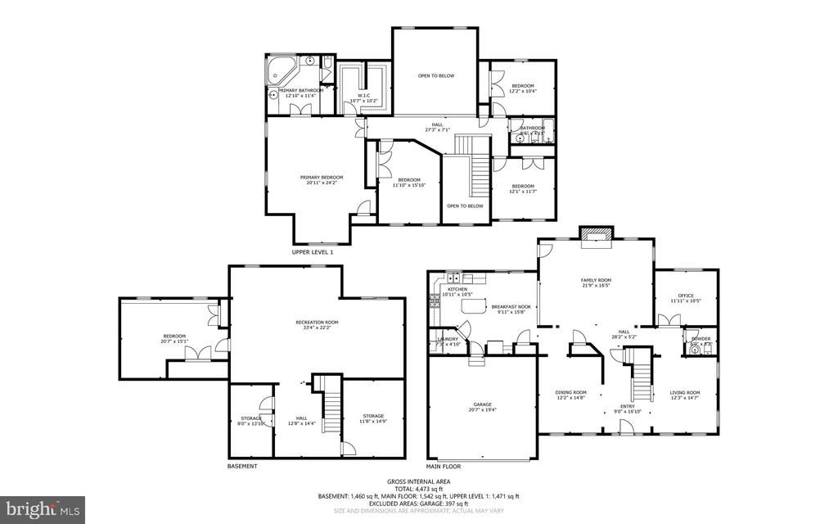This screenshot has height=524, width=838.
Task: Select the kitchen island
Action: click(x=471, y=306)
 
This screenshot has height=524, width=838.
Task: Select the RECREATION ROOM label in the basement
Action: click(x=317, y=323)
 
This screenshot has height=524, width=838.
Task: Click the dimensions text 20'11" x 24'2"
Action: click(x=321, y=183)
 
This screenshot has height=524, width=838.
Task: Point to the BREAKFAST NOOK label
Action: click(x=511, y=306)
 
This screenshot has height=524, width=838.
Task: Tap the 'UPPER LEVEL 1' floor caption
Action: click(x=313, y=252)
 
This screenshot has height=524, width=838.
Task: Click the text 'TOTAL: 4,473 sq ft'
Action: click(x=418, y=488)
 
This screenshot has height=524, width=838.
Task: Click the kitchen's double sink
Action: click(x=456, y=278)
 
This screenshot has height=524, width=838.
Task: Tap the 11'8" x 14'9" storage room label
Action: click(x=373, y=418)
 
